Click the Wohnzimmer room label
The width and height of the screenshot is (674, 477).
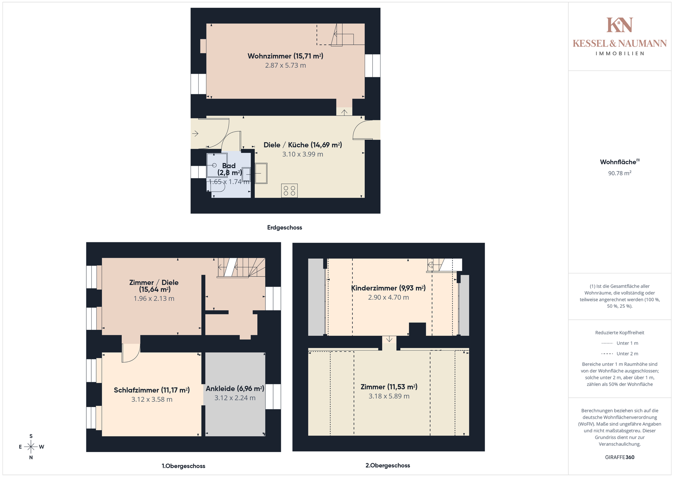tap(285, 56)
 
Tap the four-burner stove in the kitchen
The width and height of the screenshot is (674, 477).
tap(289, 191)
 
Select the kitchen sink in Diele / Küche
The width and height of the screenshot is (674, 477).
tap(261, 173)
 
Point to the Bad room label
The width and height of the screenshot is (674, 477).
tap(229, 169)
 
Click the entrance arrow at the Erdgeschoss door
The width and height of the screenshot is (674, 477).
tap(195, 133)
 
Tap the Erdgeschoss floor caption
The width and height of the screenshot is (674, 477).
tap(285, 228)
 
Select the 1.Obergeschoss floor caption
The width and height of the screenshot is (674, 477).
tap(183, 466)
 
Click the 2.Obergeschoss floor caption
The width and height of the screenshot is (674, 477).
tap(388, 465)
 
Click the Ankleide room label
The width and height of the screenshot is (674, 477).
tap(235, 388)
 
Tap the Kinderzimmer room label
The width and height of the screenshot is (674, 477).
tap(388, 288)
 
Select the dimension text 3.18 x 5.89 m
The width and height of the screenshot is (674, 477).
tap(389, 396)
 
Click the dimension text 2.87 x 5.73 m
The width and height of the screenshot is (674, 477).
tap(285, 65)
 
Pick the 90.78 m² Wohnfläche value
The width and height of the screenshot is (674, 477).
tap(620, 173)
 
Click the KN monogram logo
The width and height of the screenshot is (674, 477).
tap(620, 25)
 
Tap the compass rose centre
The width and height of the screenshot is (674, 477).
tap(31, 447)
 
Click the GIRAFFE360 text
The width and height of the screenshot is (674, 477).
tap(620, 457)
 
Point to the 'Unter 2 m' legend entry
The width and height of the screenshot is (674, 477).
tap(620, 354)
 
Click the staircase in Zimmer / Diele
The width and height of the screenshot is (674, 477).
tap(241, 268)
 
